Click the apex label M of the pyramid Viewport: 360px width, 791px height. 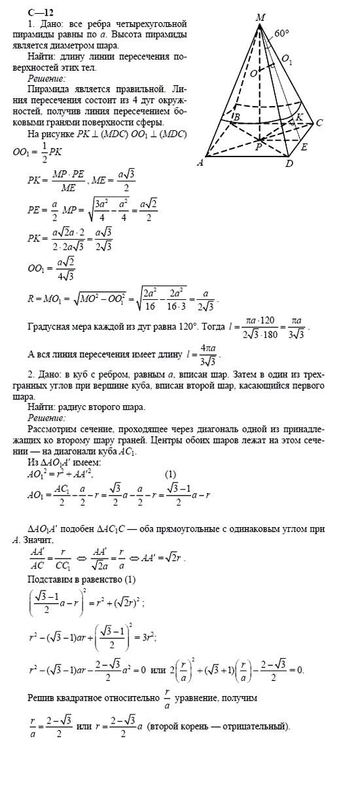click(x=261, y=16)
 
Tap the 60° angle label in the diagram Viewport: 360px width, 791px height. click(x=282, y=33)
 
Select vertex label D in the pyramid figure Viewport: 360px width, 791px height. click(x=289, y=164)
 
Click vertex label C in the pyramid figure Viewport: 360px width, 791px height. click(x=319, y=122)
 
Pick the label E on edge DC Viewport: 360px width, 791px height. click(x=304, y=147)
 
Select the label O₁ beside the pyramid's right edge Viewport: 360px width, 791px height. click(x=287, y=61)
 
